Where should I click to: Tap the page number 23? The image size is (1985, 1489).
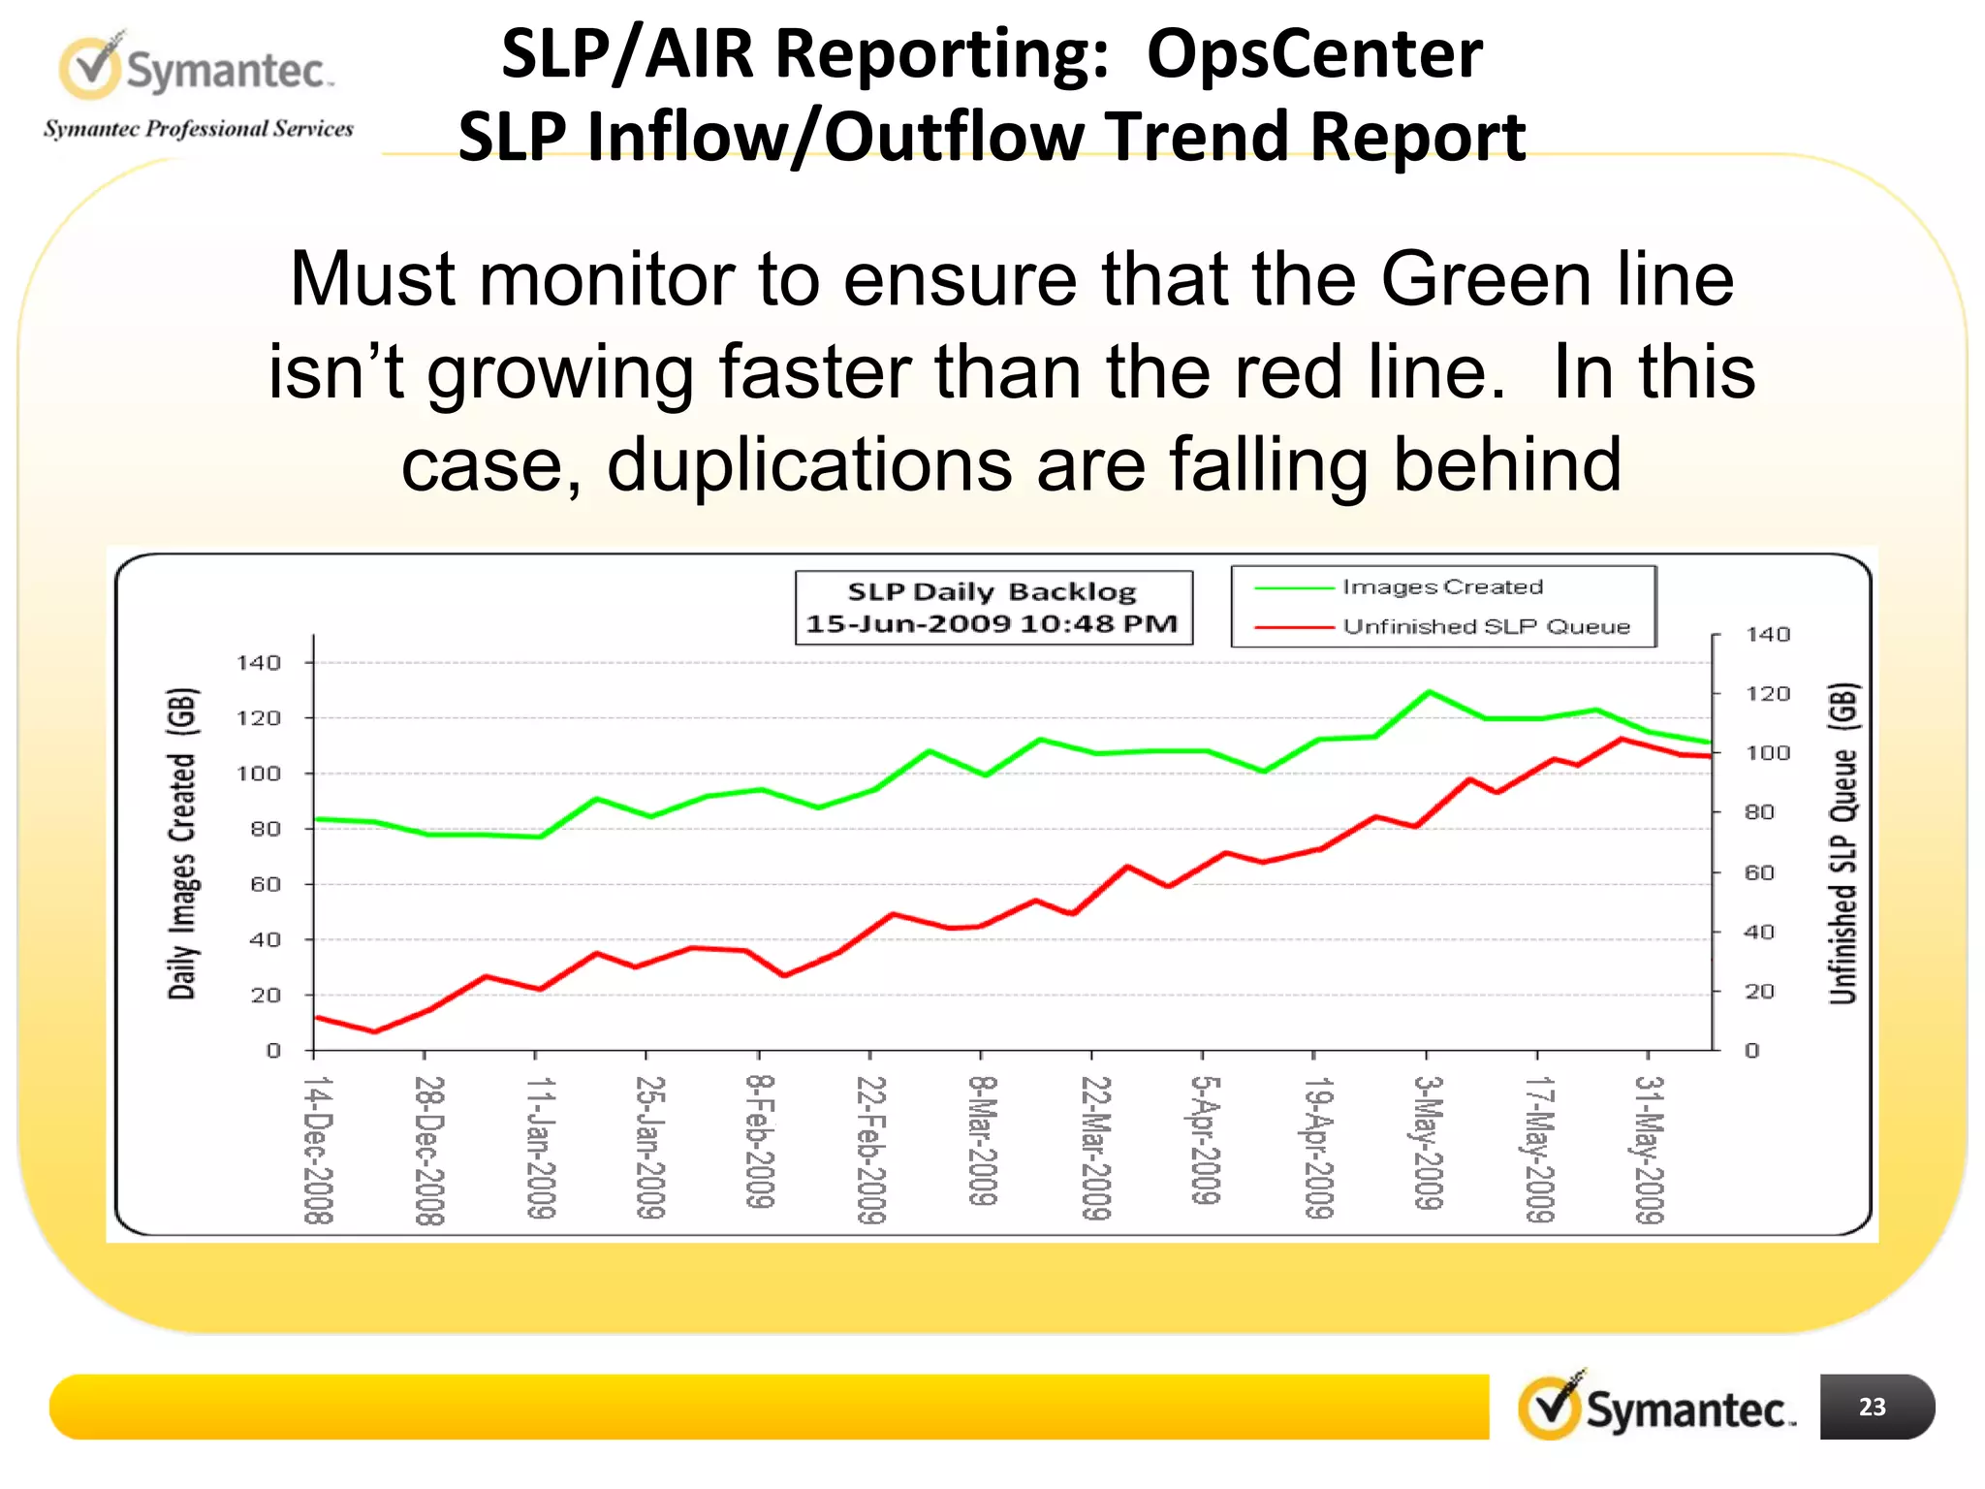coord(1872,1407)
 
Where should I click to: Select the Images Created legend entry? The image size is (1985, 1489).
coord(1441,587)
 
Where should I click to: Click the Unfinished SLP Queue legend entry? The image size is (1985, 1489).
coord(1485,627)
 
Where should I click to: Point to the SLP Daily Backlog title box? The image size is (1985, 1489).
coord(992,608)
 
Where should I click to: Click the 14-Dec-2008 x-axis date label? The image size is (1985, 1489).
coord(318,1150)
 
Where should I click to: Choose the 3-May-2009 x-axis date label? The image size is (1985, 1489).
coord(1429,1143)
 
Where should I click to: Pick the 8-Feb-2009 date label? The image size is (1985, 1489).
coord(760,1142)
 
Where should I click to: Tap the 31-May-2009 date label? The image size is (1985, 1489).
coord(1649,1150)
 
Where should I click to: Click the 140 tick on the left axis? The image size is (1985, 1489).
coord(259,663)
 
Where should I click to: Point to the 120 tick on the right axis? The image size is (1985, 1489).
coord(1767,694)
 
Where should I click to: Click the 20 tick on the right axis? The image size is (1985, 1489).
coord(1759,992)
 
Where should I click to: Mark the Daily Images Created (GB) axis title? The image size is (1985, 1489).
coord(182,843)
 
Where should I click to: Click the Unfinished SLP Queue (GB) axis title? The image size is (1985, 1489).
coord(1843,843)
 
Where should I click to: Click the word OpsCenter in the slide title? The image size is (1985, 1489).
coord(1314,53)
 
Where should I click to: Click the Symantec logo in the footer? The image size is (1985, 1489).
coord(1656,1407)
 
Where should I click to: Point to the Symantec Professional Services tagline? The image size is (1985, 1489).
coord(199,129)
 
